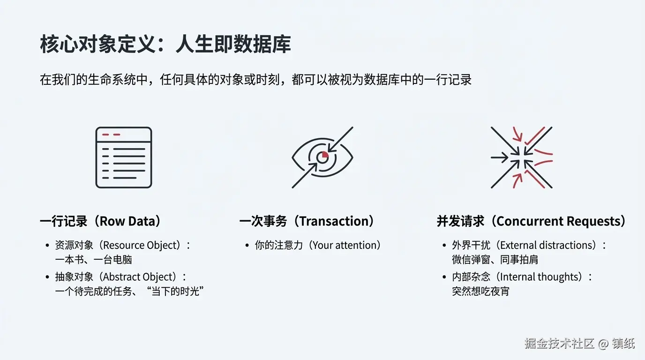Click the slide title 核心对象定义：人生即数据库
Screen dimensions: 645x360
point(165,44)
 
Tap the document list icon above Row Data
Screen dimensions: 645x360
point(124,157)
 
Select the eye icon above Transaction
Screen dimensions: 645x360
point(322,157)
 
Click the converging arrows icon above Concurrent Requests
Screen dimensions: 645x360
point(521,157)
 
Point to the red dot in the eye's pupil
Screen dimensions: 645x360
point(325,155)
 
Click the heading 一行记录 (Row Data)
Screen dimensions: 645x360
point(101,221)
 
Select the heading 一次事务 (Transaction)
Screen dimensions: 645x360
point(307,221)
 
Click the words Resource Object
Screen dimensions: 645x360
point(142,245)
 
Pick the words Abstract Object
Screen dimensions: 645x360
point(139,277)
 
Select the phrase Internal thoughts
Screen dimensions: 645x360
point(539,277)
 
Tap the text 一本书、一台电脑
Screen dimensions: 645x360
point(94,260)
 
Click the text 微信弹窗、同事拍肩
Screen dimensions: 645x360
point(495,260)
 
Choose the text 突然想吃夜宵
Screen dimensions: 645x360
point(480,292)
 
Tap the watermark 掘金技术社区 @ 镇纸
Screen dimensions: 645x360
point(580,344)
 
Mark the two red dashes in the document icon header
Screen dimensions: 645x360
point(111,135)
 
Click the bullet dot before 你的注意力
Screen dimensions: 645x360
point(247,246)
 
